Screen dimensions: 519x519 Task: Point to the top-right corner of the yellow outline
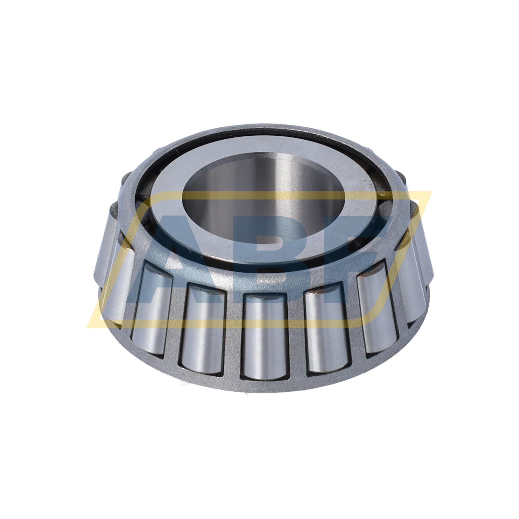[431, 192]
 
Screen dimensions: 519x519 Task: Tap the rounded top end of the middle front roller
[266, 298]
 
